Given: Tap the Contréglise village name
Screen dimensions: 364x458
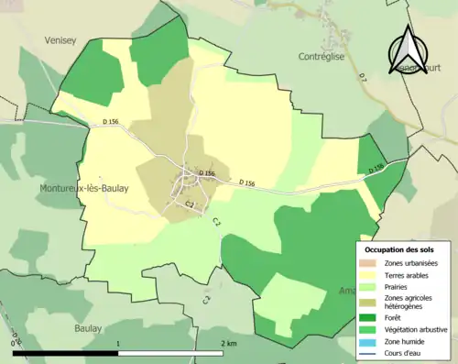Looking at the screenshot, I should tap(322, 57).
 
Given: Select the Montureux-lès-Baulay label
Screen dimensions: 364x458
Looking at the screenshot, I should tap(83, 189).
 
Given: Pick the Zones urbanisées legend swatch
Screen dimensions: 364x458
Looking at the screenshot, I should tap(371, 264).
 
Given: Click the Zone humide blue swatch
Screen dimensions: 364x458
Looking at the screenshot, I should tap(371, 340).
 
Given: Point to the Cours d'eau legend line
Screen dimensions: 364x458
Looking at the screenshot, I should tap(371, 351).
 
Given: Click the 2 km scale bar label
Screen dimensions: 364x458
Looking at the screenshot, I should tap(228, 343).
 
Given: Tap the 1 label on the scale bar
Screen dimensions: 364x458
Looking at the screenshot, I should tap(119, 343).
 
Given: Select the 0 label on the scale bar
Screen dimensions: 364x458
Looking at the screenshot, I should tap(13, 343).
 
